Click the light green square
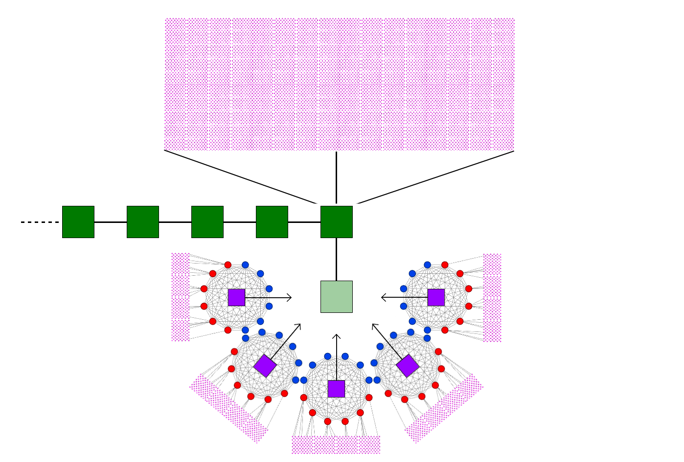tap(336, 296)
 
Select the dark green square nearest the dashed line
tap(78, 222)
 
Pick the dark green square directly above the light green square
tap(336, 222)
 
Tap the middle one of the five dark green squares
tap(207, 222)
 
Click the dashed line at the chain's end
tap(39, 222)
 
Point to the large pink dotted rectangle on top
tap(340, 84)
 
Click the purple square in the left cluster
tap(236, 297)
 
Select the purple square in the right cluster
tap(436, 297)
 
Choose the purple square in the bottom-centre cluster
tap(336, 389)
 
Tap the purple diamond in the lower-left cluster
tap(265, 366)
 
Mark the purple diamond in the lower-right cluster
tap(408, 366)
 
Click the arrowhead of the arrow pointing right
tap(290, 297)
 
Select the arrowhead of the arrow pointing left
tap(383, 297)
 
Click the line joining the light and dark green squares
tap(336, 259)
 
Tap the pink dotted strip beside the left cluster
tap(180, 297)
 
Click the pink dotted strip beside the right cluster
tap(492, 298)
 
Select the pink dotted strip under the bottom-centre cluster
tap(336, 445)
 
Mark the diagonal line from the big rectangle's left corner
tap(240, 176)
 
